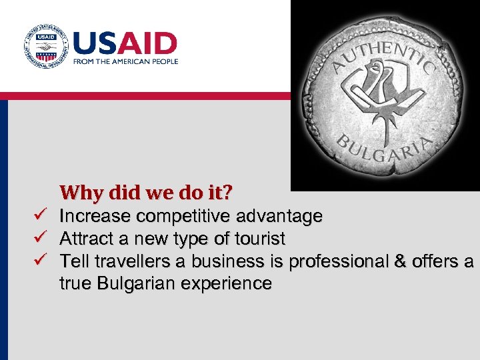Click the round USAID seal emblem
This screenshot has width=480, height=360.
[45, 47]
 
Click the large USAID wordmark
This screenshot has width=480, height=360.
[124, 44]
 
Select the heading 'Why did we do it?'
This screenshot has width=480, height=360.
[146, 193]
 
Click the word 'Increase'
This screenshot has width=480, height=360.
[93, 216]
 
